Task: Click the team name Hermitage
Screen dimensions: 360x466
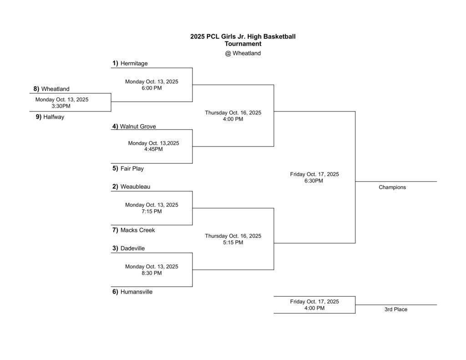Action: [134, 64]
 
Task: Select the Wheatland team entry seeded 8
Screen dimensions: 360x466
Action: [55, 89]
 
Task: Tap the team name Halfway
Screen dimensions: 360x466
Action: [54, 117]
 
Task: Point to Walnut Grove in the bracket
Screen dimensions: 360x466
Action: [138, 127]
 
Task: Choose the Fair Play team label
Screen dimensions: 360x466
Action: [132, 168]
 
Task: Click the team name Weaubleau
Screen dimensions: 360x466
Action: [135, 187]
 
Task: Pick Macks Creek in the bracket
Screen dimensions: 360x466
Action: [137, 230]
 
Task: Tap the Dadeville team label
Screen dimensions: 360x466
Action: [132, 248]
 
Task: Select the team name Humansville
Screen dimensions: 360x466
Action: [137, 292]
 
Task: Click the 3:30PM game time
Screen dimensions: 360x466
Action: [61, 106]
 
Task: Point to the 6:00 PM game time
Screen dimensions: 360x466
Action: [152, 88]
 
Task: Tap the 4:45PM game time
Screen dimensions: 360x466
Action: [153, 149]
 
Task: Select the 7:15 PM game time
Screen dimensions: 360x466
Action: [152, 212]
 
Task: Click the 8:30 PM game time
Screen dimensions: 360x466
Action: [152, 273]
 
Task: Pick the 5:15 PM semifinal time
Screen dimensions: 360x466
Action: [233, 243]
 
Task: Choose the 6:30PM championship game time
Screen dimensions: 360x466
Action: [314, 181]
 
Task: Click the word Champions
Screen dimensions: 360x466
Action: [392, 187]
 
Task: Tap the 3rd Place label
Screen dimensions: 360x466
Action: [396, 309]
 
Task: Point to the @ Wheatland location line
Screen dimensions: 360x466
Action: [243, 53]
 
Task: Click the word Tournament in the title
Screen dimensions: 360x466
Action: [243, 44]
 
